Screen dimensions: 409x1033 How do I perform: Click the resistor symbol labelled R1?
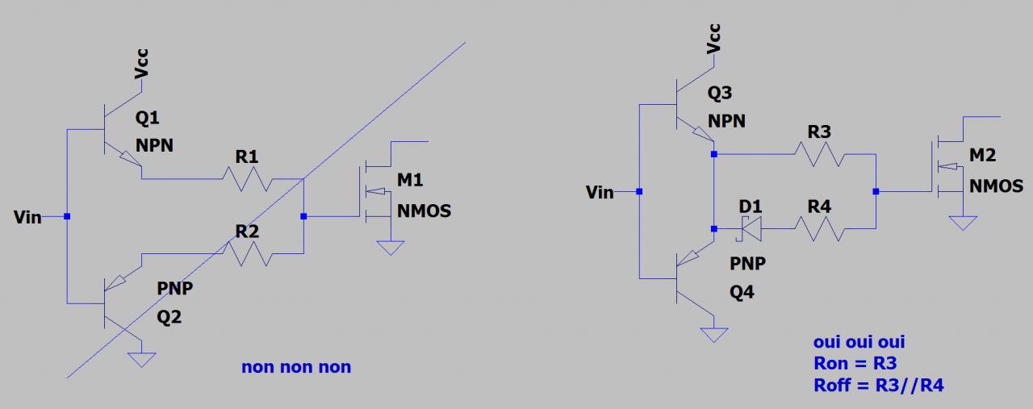pyautogui.click(x=247, y=178)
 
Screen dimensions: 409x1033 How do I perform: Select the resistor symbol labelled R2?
pyautogui.click(x=247, y=254)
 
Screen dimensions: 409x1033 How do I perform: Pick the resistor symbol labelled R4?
pyautogui.click(x=819, y=229)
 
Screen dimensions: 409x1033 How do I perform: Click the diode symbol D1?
pyautogui.click(x=751, y=229)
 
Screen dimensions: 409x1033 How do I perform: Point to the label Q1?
pyautogui.click(x=148, y=119)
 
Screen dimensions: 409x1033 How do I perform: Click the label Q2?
pyautogui.click(x=169, y=317)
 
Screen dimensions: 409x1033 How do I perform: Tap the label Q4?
pyautogui.click(x=742, y=292)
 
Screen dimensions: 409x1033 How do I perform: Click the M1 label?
pyautogui.click(x=410, y=179)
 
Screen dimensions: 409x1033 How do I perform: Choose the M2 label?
pyautogui.click(x=982, y=154)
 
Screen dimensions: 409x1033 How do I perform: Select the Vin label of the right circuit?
pyautogui.click(x=600, y=192)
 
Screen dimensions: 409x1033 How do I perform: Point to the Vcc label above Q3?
pyautogui.click(x=713, y=39)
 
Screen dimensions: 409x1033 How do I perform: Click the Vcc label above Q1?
pyautogui.click(x=142, y=63)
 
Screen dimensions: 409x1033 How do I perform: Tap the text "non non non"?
pyautogui.click(x=296, y=367)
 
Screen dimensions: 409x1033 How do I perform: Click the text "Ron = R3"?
pyautogui.click(x=855, y=363)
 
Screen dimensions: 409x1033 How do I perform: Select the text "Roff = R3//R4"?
pyautogui.click(x=878, y=385)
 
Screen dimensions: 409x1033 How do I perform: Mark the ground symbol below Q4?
pyautogui.click(x=713, y=334)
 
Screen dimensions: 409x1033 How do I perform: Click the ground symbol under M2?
pyautogui.click(x=962, y=222)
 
